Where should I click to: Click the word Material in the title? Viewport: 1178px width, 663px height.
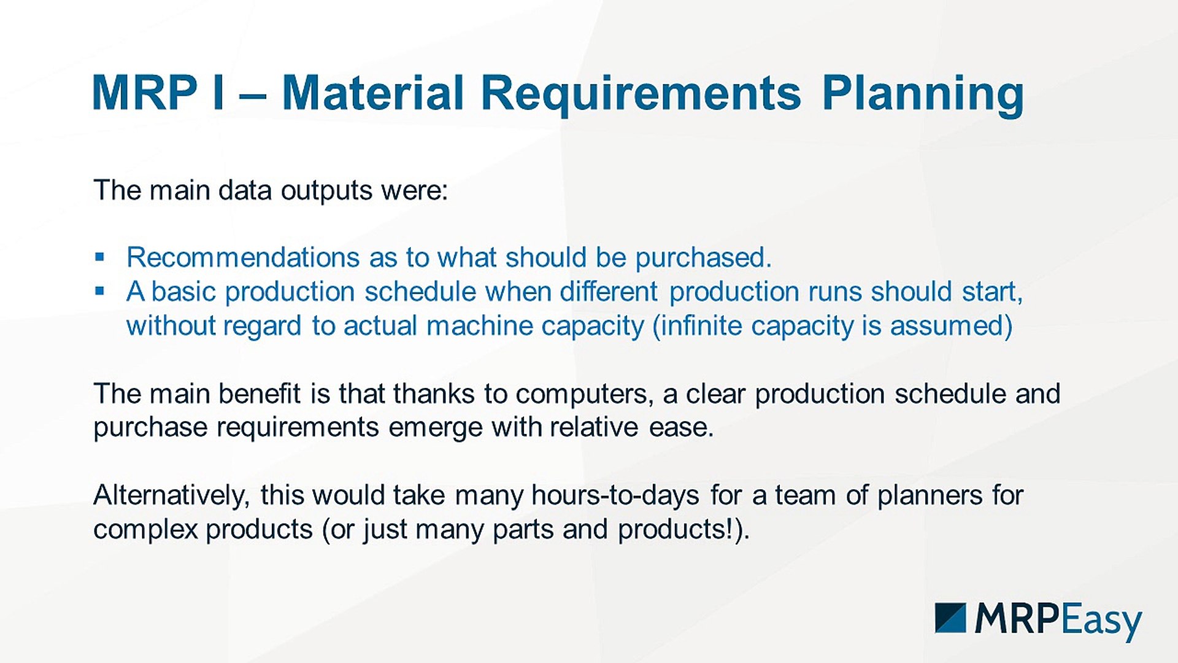click(x=372, y=93)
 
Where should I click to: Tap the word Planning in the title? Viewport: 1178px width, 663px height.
click(x=923, y=96)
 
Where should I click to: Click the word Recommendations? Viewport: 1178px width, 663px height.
click(x=243, y=257)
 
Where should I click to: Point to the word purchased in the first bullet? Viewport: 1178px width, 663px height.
click(x=703, y=258)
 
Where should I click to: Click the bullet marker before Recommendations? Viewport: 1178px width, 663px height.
click(x=100, y=257)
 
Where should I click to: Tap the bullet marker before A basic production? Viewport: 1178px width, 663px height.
click(x=100, y=291)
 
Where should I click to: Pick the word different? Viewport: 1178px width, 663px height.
click(x=609, y=292)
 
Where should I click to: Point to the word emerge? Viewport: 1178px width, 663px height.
click(x=435, y=428)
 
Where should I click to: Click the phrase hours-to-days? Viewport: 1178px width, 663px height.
click(x=615, y=495)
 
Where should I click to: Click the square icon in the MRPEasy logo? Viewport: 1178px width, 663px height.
click(x=950, y=618)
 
